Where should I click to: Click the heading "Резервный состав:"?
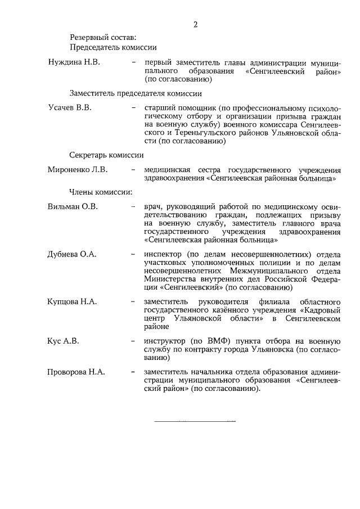coord(103,38)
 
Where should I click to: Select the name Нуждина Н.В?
coord(74,62)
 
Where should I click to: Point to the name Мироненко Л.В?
coord(78,169)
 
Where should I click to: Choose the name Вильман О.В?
coord(73,206)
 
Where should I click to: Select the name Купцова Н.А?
coord(73,301)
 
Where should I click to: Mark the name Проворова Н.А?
coord(76,372)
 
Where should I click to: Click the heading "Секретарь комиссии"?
coord(106,155)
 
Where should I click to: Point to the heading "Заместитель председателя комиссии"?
coord(136,93)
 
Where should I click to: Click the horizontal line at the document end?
coord(195,421)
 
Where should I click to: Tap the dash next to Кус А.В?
coord(133,341)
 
